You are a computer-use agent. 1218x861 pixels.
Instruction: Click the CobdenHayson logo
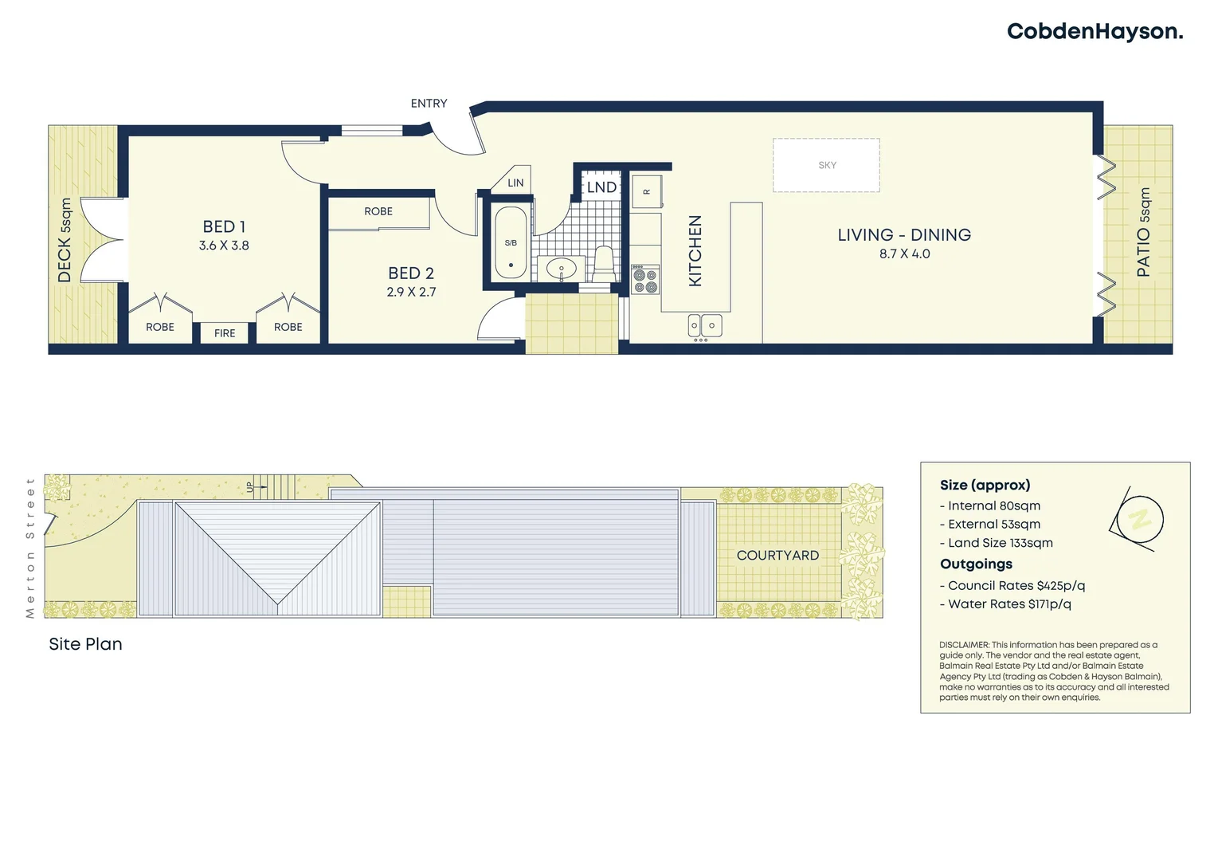pyautogui.click(x=1095, y=32)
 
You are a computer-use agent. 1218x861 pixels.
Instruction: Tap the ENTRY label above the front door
pyautogui.click(x=429, y=104)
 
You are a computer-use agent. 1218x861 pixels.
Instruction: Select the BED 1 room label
pyautogui.click(x=224, y=227)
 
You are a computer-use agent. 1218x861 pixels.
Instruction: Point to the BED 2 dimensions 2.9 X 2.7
pyautogui.click(x=411, y=293)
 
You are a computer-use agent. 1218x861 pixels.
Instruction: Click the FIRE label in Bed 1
pyautogui.click(x=225, y=333)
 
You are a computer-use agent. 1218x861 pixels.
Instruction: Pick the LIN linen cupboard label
pyautogui.click(x=515, y=183)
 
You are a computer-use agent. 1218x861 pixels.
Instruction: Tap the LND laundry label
pyautogui.click(x=601, y=187)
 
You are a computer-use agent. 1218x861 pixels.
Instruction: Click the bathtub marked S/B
pyautogui.click(x=511, y=243)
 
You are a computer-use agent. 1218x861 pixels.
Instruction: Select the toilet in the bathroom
pyautogui.click(x=604, y=264)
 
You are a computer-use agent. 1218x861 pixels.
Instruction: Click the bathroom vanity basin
pyautogui.click(x=561, y=269)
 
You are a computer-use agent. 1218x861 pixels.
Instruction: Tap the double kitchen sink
pyautogui.click(x=705, y=325)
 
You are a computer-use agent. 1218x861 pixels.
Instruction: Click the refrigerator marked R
pyautogui.click(x=646, y=192)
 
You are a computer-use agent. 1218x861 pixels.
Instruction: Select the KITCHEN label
pyautogui.click(x=695, y=250)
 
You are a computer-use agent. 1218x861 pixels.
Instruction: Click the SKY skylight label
pyautogui.click(x=827, y=165)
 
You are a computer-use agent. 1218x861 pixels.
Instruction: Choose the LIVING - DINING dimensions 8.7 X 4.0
pyautogui.click(x=904, y=254)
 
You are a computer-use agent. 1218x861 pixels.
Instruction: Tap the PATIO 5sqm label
pyautogui.click(x=1144, y=233)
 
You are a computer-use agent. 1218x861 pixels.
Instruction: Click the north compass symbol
pyautogui.click(x=1138, y=520)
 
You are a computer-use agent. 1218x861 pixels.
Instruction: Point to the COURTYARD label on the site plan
pyautogui.click(x=777, y=556)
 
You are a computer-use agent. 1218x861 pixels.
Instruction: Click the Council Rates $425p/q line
pyautogui.click(x=1016, y=586)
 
